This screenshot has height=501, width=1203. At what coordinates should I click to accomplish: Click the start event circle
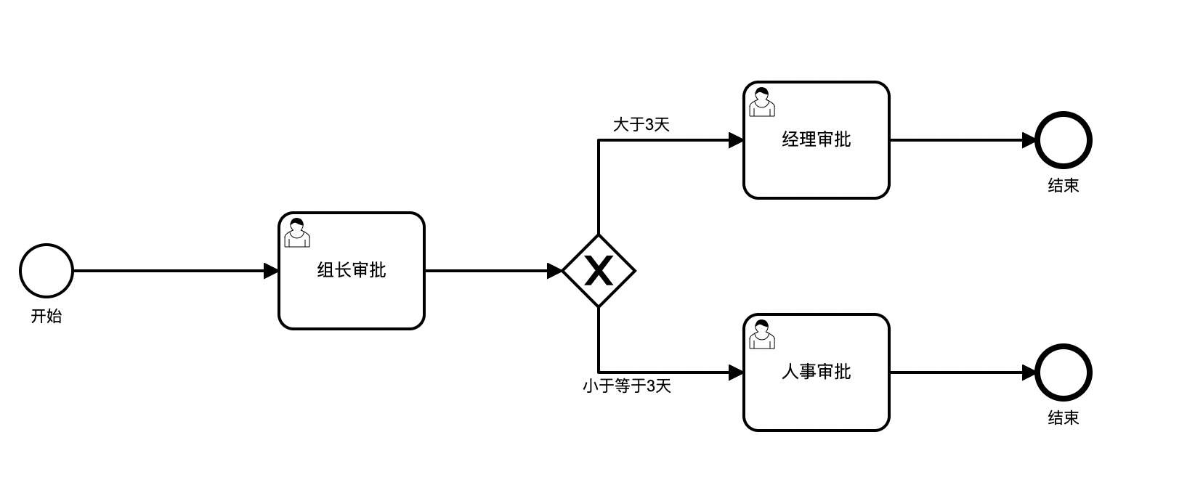point(46,271)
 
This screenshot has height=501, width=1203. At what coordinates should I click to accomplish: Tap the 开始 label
point(46,317)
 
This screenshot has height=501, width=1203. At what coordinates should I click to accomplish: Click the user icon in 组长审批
point(296,233)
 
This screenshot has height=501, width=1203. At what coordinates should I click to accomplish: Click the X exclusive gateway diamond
point(599,271)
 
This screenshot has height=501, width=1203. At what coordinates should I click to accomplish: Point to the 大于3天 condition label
point(641,125)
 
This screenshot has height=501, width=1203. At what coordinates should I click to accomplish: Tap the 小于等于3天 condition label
point(626,386)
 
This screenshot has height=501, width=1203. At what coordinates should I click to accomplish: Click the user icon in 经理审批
point(761,102)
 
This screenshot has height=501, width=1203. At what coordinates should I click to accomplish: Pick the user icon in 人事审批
point(761,335)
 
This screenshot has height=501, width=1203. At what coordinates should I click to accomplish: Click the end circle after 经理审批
point(1064,140)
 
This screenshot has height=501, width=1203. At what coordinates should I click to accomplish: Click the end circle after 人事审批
point(1064,372)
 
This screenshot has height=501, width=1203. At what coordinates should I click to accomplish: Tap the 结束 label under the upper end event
point(1064,186)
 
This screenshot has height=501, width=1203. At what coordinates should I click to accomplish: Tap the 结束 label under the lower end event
point(1064,418)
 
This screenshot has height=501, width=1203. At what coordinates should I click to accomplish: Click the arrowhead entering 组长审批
point(271,271)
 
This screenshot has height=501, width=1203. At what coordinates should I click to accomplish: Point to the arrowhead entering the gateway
point(554,271)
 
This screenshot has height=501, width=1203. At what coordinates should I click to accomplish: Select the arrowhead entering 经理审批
point(736,140)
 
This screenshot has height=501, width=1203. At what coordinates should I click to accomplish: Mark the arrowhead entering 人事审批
point(736,372)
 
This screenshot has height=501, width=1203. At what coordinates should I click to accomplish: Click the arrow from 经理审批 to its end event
point(959,140)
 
